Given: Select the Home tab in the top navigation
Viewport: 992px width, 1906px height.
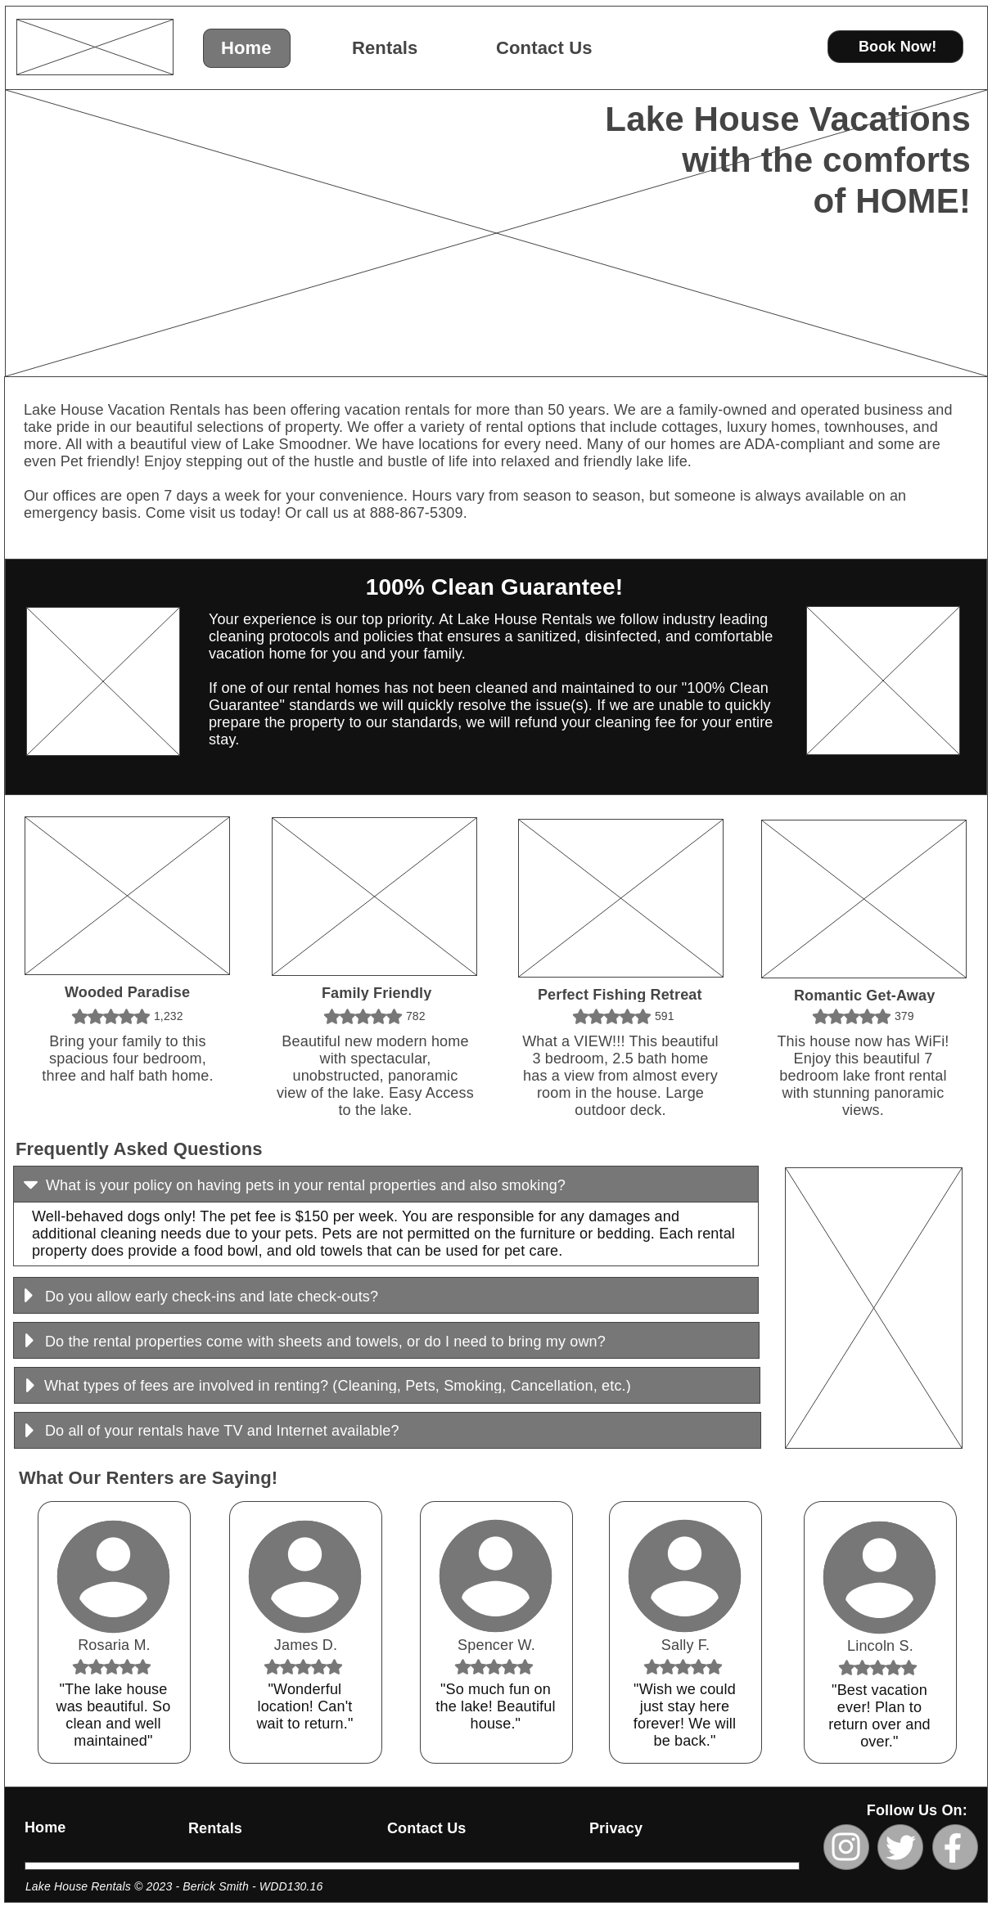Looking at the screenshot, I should [x=246, y=48].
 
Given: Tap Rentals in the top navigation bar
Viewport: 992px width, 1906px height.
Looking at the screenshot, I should [x=385, y=48].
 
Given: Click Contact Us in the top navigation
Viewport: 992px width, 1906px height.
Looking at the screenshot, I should [x=543, y=48].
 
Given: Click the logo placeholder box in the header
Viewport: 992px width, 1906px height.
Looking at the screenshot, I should [x=95, y=47].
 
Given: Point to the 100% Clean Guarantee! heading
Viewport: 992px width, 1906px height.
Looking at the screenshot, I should [x=494, y=587].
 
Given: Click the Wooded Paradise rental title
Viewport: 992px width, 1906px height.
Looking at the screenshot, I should [x=127, y=992].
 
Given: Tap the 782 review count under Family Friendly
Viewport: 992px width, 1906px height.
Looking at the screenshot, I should [x=416, y=1016].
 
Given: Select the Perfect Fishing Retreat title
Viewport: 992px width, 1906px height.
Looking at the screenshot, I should [x=620, y=995].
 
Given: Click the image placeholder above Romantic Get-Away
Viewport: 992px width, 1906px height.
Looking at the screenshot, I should [x=863, y=899].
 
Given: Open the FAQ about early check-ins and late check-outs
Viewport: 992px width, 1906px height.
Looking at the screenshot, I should [x=386, y=1296].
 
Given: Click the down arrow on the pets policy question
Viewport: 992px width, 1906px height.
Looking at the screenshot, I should [x=31, y=1185].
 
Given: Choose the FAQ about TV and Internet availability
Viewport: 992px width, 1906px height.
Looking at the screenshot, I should [x=387, y=1430].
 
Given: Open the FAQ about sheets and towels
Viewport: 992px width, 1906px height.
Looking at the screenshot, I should [x=386, y=1341].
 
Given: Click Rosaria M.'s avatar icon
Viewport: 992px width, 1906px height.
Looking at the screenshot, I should [x=113, y=1576].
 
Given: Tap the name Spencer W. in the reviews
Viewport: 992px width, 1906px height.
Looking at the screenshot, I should [x=496, y=1645].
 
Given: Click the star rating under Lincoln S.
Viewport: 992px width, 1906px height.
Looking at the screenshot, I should [x=877, y=1668].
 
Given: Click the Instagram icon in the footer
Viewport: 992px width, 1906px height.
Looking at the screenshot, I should [x=845, y=1847].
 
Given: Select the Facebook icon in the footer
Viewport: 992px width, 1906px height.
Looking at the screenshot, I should [x=954, y=1847].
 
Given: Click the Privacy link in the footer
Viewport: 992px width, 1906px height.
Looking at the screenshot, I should [x=615, y=1828].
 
